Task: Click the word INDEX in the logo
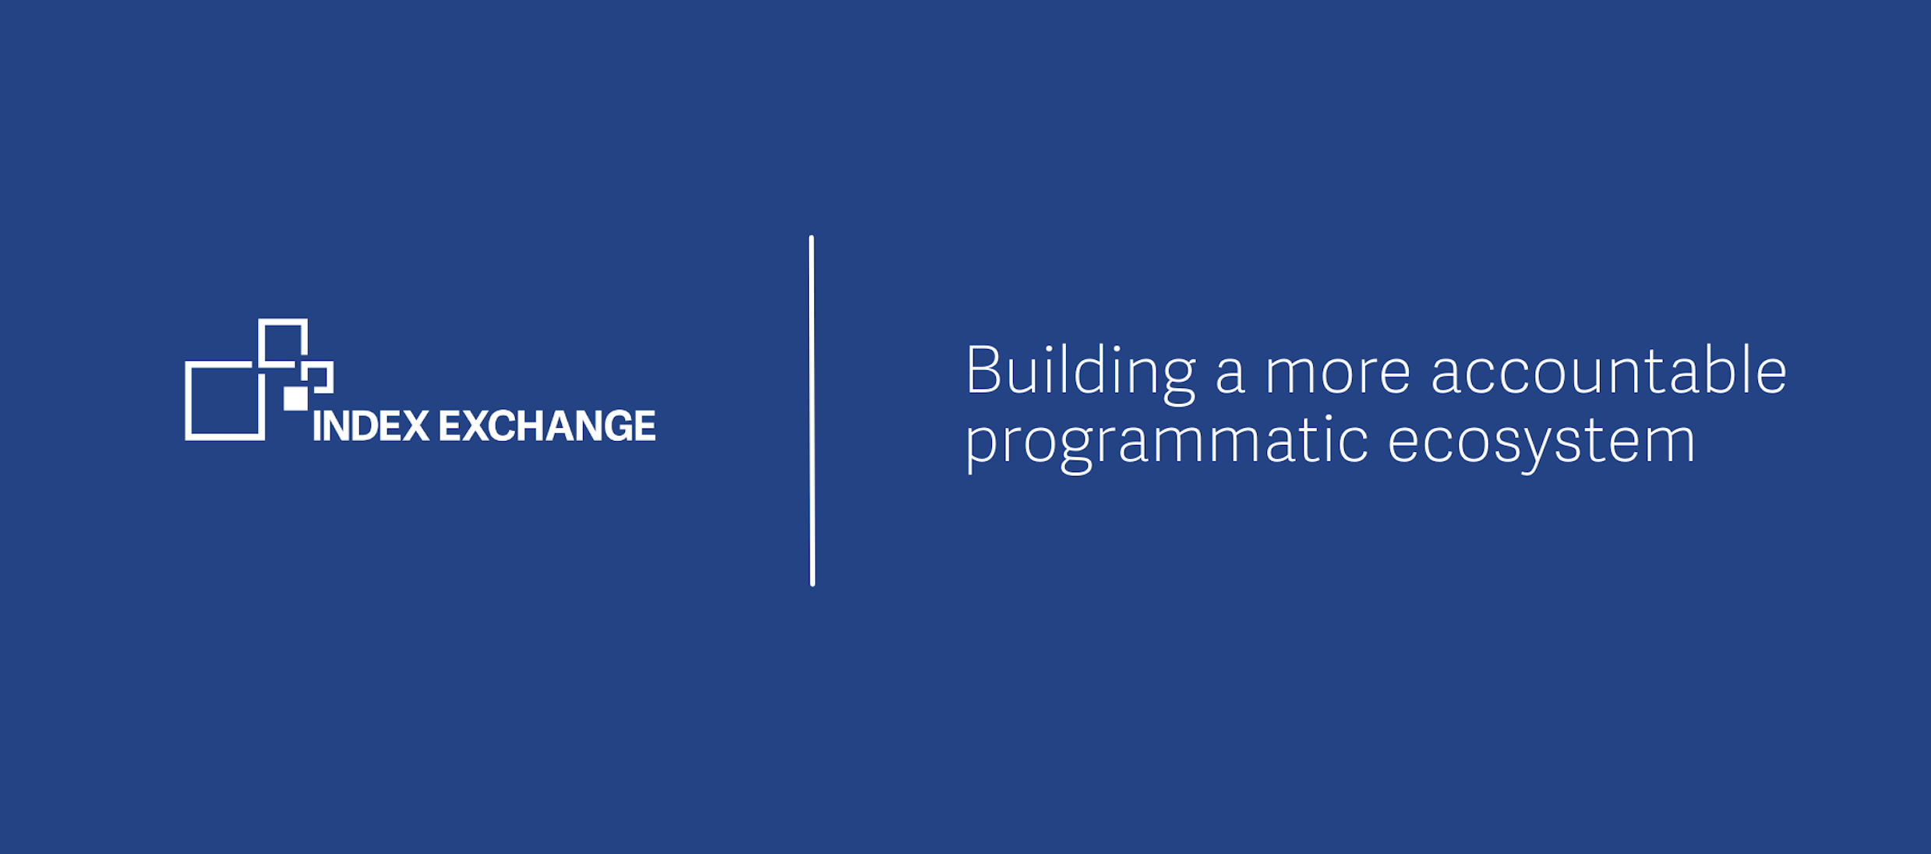coord(371,425)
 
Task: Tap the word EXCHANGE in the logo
coord(547,425)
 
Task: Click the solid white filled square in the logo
coord(295,398)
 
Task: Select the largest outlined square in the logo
coord(224,401)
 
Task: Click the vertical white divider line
coord(812,411)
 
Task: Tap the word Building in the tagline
coord(1080,372)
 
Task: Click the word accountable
coord(1609,369)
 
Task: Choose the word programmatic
coord(1167,443)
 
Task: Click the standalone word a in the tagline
coord(1230,374)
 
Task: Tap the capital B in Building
coord(983,369)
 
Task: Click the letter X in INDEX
coord(415,425)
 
